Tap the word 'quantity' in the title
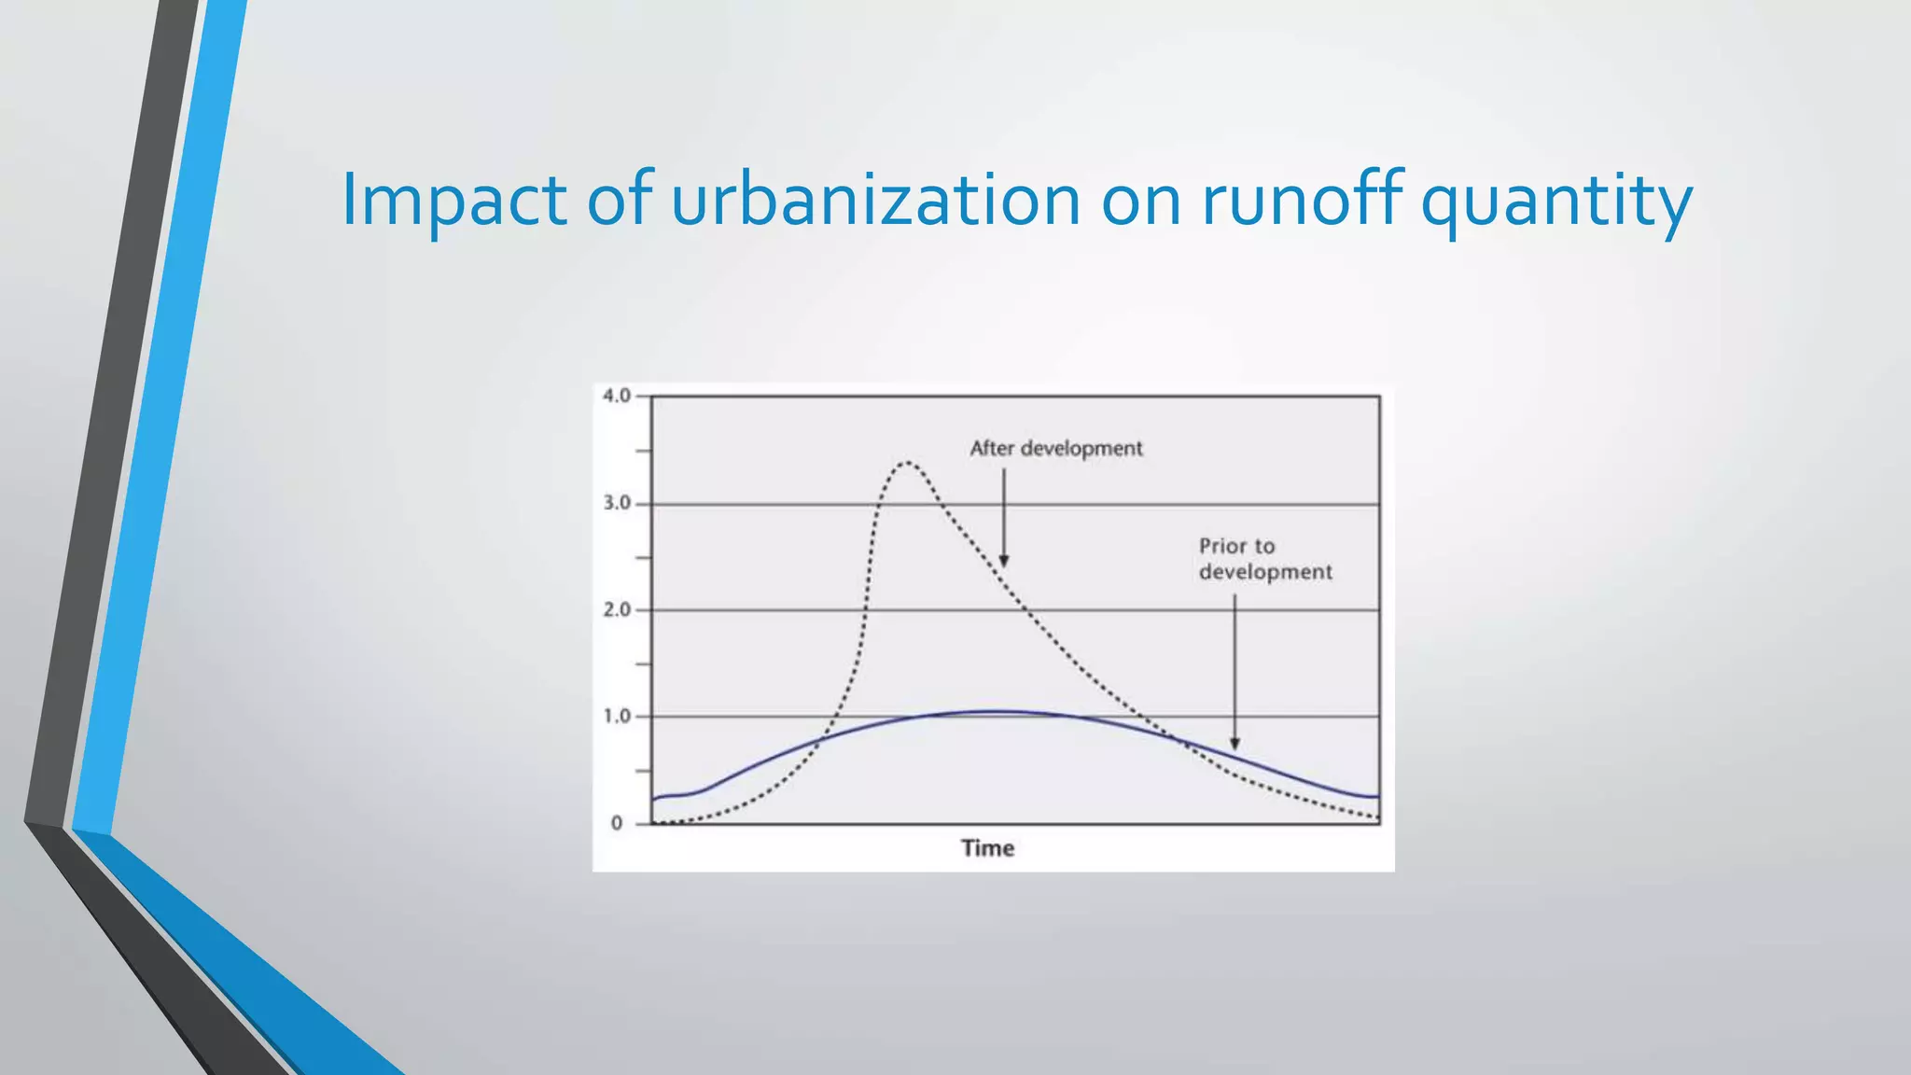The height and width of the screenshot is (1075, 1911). [1555, 201]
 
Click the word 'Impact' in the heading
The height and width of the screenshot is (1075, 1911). [453, 201]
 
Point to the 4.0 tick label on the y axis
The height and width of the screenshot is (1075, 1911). [617, 396]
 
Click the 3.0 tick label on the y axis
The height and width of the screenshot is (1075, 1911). [617, 503]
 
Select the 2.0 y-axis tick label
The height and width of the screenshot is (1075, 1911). [617, 609]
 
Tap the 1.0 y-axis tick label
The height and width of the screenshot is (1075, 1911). [617, 716]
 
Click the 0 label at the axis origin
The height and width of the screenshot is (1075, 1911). [617, 823]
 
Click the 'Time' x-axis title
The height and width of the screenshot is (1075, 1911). [987, 847]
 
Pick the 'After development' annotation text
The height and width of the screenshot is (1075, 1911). [1055, 448]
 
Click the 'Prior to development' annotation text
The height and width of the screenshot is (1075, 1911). [1264, 558]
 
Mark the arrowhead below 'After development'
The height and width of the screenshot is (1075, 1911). [1004, 561]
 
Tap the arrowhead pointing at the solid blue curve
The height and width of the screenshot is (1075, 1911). [1234, 744]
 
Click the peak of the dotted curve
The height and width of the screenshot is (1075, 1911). [907, 462]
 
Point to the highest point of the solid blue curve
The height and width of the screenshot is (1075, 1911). [994, 712]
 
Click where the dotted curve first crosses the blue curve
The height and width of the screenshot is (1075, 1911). [821, 739]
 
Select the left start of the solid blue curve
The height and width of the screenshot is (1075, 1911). [654, 799]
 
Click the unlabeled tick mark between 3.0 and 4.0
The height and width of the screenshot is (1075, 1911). [643, 451]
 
